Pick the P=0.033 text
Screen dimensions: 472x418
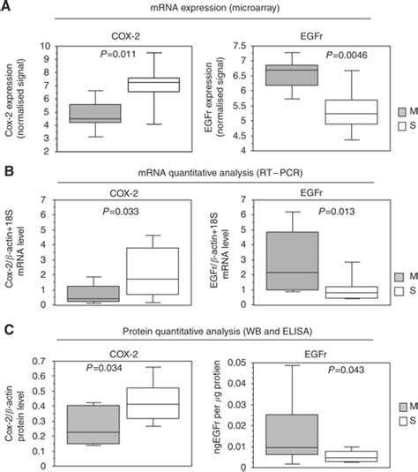pyautogui.click(x=111, y=212)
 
